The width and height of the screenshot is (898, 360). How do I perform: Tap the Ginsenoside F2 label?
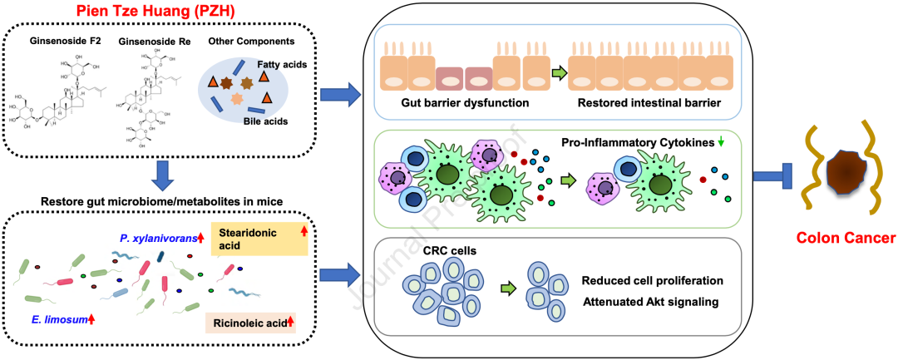[x=63, y=41]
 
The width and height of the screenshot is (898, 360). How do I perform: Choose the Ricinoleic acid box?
[x=251, y=321]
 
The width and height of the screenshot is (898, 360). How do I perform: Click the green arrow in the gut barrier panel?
[x=559, y=72]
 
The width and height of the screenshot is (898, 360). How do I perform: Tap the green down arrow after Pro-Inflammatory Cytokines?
[x=720, y=142]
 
